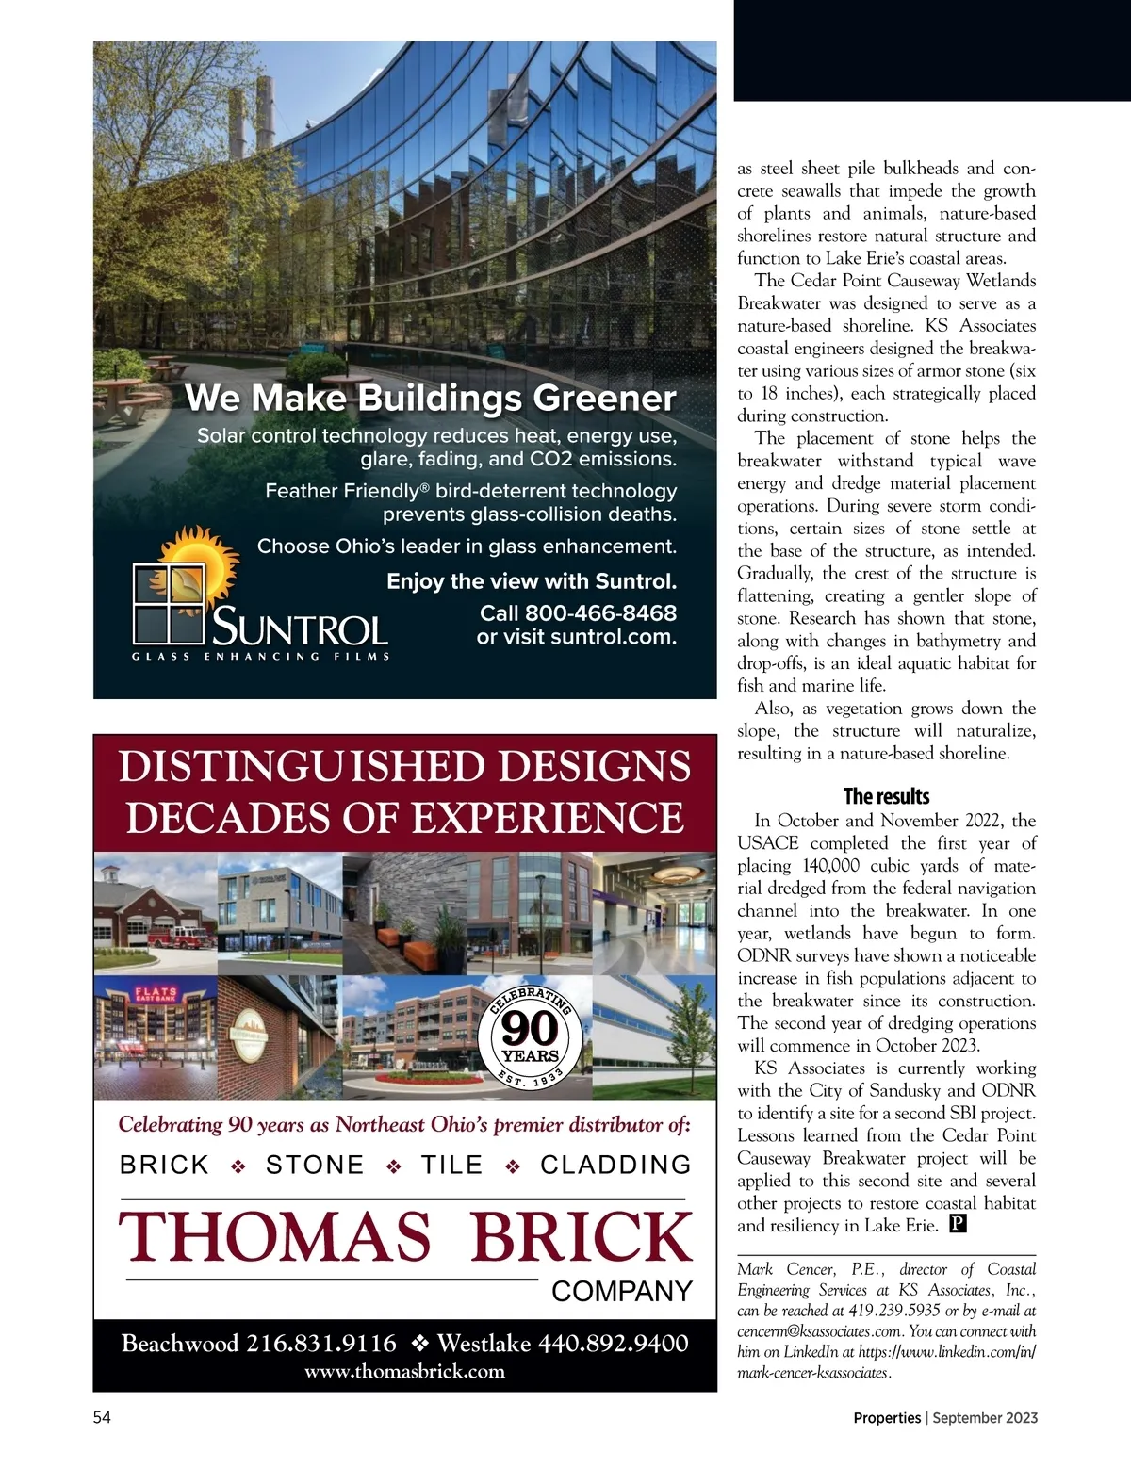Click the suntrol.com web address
[x=614, y=637]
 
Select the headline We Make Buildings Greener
[x=431, y=398]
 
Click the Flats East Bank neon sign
[x=156, y=995]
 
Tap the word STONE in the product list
[x=315, y=1166]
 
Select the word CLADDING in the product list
[x=615, y=1166]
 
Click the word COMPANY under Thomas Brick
[x=622, y=1291]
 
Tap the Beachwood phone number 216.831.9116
[x=321, y=1344]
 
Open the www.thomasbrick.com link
[x=404, y=1372]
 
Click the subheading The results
[x=886, y=796]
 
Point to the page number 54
[x=102, y=1417]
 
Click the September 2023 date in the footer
[x=986, y=1418]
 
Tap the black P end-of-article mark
[x=958, y=1225]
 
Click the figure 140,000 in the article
[x=830, y=866]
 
